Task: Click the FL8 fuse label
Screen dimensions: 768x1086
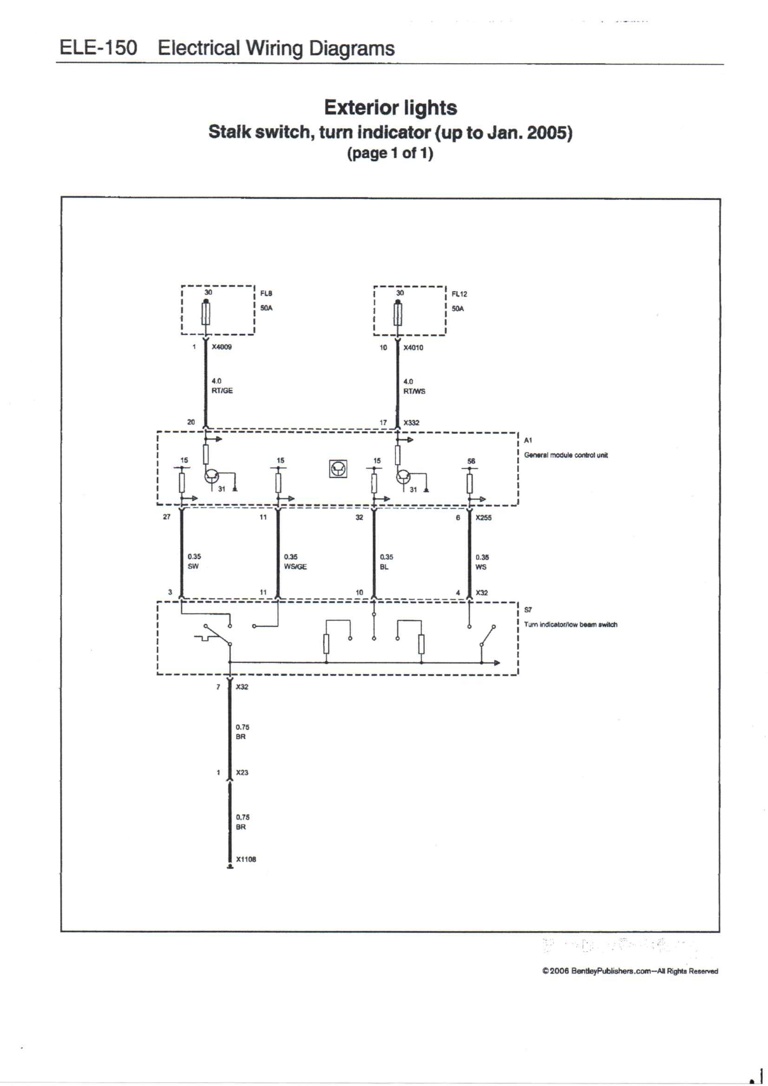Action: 266,293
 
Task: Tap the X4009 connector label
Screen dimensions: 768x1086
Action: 222,347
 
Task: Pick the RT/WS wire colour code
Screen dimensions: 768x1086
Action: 414,391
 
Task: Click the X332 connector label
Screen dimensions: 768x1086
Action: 411,422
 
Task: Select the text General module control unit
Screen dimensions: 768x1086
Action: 566,455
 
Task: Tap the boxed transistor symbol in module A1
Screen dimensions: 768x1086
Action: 338,469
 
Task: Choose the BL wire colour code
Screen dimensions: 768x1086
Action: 384,567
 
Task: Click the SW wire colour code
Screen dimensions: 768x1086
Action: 193,566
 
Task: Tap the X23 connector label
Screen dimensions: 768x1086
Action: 242,772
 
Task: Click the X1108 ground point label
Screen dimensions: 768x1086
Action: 246,859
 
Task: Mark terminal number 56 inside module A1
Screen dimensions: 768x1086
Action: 471,461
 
